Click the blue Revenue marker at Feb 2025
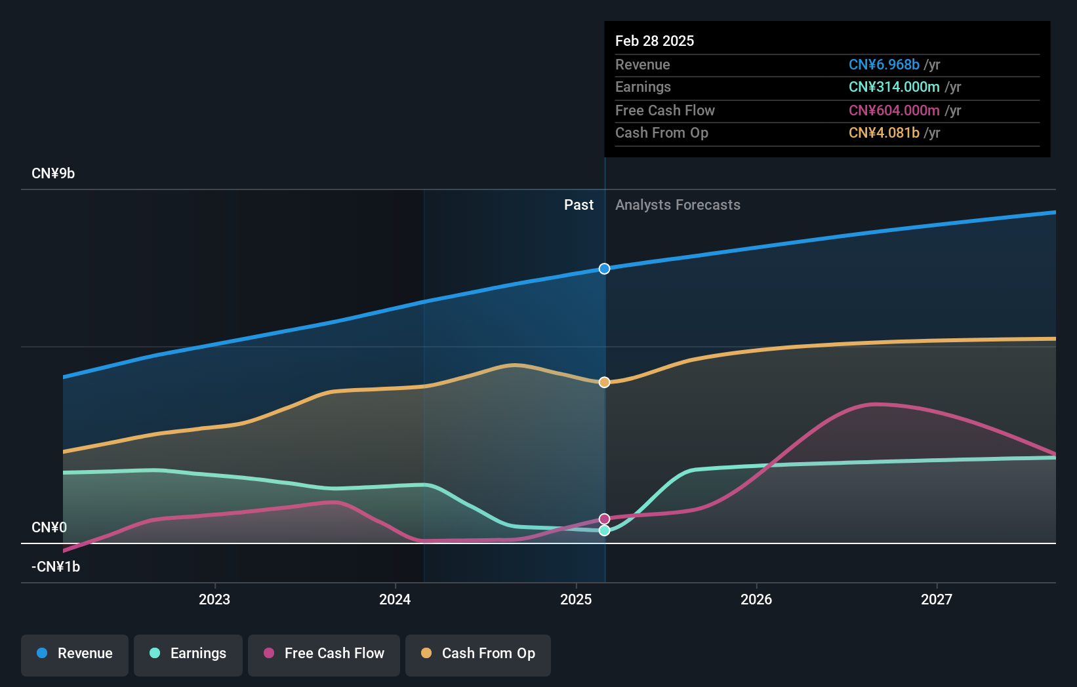click(x=604, y=269)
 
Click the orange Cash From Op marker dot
click(x=604, y=382)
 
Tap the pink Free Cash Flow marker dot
click(x=604, y=519)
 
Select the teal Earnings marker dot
click(x=604, y=530)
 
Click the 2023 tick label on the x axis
click(x=214, y=599)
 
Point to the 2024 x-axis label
click(x=395, y=599)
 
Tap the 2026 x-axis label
click(x=756, y=599)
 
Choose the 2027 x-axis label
click(x=936, y=599)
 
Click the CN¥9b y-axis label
click(x=53, y=174)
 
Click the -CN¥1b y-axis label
click(x=56, y=567)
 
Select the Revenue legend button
click(x=75, y=654)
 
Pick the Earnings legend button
click(x=188, y=654)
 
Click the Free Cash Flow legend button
click(x=324, y=654)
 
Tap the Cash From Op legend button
click(x=478, y=654)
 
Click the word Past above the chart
click(x=579, y=205)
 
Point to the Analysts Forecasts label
click(x=678, y=205)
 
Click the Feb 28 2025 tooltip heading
click(x=655, y=41)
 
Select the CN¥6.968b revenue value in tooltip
click(x=884, y=65)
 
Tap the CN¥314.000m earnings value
click(x=894, y=87)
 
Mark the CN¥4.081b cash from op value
click(x=884, y=133)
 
